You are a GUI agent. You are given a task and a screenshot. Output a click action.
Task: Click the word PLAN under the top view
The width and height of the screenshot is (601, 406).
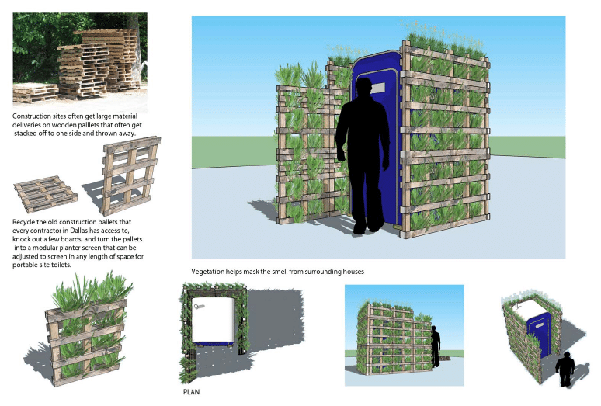coord(191,392)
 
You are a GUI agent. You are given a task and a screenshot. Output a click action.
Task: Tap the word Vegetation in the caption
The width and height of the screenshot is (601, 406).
coord(208,272)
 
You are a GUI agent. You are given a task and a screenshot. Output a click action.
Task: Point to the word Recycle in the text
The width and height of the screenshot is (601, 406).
coord(24,222)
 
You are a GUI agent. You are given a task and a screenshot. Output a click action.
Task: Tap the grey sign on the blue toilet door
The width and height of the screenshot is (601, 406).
coord(377,88)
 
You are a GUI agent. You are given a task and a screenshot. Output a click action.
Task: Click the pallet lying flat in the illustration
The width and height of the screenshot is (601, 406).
coord(46,193)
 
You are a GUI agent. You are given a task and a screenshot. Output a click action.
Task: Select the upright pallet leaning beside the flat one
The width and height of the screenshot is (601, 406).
coord(130,175)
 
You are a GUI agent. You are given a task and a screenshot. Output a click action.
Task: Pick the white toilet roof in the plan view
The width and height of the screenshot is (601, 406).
coord(213,319)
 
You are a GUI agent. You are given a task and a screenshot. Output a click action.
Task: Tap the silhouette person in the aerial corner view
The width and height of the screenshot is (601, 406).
coord(565,370)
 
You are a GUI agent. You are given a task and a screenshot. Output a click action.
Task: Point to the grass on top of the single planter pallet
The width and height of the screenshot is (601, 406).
coord(91,290)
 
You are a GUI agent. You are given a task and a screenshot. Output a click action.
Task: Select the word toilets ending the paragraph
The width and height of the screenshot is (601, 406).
coord(61,265)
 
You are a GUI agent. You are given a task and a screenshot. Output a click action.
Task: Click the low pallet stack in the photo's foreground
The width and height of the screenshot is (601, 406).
coord(35,93)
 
